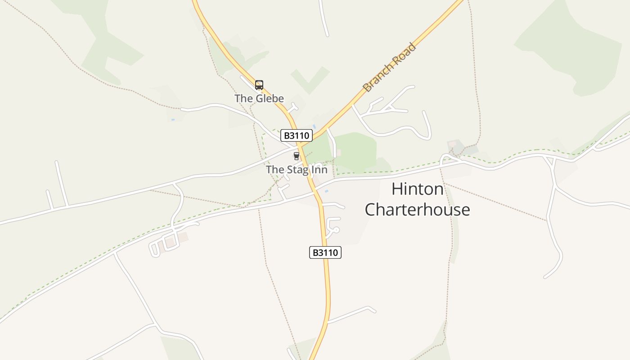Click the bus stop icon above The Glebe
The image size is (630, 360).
pyautogui.click(x=259, y=85)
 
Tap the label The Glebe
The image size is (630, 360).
pyautogui.click(x=259, y=99)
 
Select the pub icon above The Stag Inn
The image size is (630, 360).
pyautogui.click(x=296, y=156)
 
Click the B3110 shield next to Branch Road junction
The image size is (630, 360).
pyautogui.click(x=296, y=135)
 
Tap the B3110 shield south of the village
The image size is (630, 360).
pyautogui.click(x=325, y=252)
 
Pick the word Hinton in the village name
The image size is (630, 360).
pyautogui.click(x=417, y=189)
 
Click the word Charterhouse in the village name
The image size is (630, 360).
pyautogui.click(x=417, y=210)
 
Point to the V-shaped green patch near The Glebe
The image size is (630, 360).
pyautogui.click(x=310, y=79)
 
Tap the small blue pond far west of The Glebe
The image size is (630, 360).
pyautogui.click(x=173, y=120)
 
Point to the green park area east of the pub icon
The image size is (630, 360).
pyautogui.click(x=355, y=151)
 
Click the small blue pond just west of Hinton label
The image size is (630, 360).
pyautogui.click(x=326, y=191)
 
